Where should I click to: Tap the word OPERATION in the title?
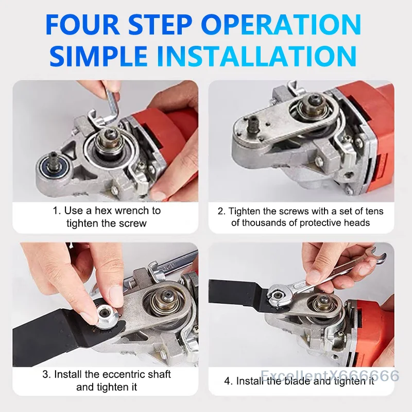[281, 25]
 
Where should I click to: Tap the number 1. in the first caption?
[57, 211]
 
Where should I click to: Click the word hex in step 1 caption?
[105, 211]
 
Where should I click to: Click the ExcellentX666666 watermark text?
[330, 375]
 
